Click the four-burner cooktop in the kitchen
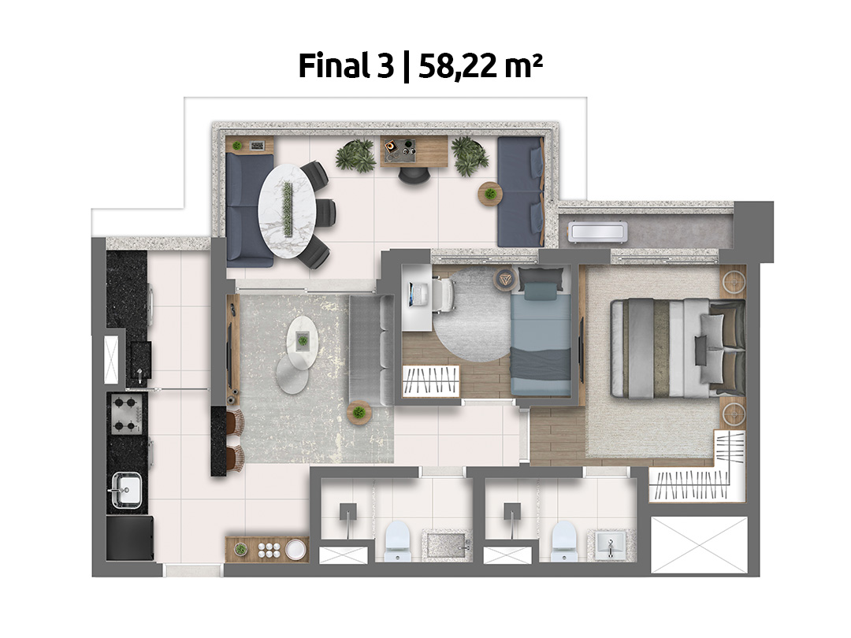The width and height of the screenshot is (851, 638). coord(126,414)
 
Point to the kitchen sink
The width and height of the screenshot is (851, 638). coord(127,489)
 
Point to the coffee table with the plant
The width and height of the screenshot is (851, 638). coord(302,339)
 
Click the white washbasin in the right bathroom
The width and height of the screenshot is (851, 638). coord(609,544)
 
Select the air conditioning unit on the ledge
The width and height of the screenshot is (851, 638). coord(597,232)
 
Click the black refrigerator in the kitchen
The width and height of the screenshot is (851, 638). coord(129,540)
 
